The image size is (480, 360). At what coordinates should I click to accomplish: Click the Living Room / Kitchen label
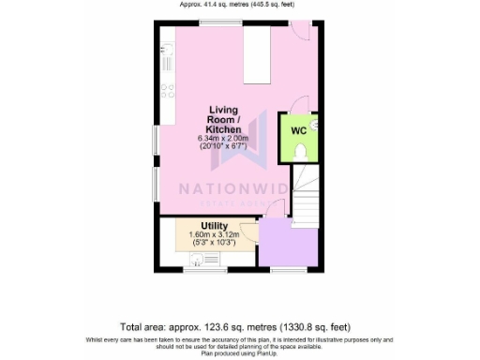(225, 119)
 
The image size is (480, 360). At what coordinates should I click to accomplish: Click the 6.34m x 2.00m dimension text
(225, 139)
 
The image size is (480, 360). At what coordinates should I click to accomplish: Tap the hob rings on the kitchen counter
(170, 91)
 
